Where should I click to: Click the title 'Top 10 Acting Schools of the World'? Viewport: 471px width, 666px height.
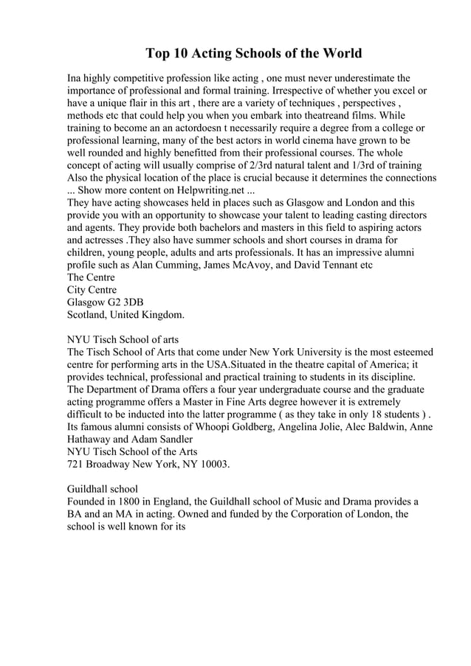pyautogui.click(x=253, y=53)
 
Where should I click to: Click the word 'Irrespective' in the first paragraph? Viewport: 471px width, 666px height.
pyautogui.click(x=292, y=91)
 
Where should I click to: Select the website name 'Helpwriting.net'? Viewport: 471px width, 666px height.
pyautogui.click(x=194, y=190)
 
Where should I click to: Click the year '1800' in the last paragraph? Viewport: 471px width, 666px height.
pyautogui.click(x=130, y=502)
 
